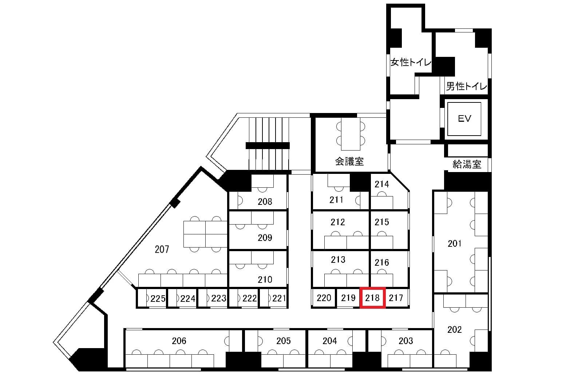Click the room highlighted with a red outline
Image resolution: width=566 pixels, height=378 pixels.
click(x=372, y=298)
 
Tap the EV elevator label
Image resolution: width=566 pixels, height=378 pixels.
click(x=464, y=118)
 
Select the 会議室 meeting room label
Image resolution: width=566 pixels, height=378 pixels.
click(x=349, y=161)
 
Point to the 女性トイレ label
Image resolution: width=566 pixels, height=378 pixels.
click(x=411, y=62)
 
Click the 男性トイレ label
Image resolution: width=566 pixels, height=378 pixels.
click(x=466, y=86)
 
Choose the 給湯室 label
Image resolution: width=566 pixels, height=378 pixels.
click(x=467, y=164)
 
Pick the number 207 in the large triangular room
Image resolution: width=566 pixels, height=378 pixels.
click(x=162, y=249)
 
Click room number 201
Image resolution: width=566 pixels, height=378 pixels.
click(x=455, y=243)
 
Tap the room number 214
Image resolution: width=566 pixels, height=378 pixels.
click(x=382, y=184)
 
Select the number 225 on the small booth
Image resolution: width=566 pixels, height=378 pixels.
click(x=158, y=299)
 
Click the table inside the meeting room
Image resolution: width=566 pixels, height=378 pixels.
click(x=351, y=134)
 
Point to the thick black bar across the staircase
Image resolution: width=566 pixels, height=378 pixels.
click(x=268, y=145)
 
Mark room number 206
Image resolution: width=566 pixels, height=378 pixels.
click(x=179, y=341)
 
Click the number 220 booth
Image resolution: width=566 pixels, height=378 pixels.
click(x=324, y=298)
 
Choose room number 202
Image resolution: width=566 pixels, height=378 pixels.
click(x=455, y=330)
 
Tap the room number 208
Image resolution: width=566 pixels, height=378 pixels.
click(x=265, y=202)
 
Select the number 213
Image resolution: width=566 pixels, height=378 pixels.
click(x=338, y=259)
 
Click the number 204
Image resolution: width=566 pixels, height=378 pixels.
click(x=330, y=341)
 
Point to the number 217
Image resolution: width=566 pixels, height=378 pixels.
click(x=396, y=298)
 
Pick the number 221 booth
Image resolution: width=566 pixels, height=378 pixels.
click(x=279, y=299)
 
